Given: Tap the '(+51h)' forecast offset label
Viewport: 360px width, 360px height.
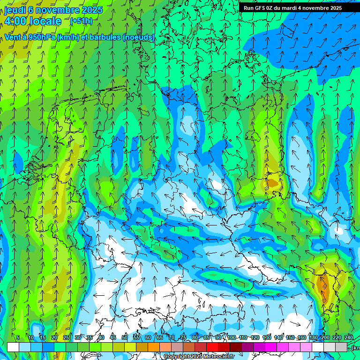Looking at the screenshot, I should click(x=81, y=21).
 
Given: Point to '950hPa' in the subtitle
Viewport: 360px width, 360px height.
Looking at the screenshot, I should click(x=41, y=37).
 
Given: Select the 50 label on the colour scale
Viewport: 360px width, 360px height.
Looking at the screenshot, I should click(x=125, y=337).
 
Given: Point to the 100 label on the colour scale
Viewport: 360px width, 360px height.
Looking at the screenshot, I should click(x=232, y=337).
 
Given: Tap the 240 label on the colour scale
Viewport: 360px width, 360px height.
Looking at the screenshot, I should click(x=349, y=337).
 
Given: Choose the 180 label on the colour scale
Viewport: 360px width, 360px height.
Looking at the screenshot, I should click(x=314, y=337).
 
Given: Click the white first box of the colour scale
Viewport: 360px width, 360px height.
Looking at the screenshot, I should click(x=13, y=347).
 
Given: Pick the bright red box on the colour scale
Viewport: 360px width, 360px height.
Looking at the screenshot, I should click(x=212, y=347).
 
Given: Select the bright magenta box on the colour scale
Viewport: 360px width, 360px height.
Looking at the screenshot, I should click(x=271, y=347).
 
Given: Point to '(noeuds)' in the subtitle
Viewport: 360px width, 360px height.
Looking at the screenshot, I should click(x=139, y=37).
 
